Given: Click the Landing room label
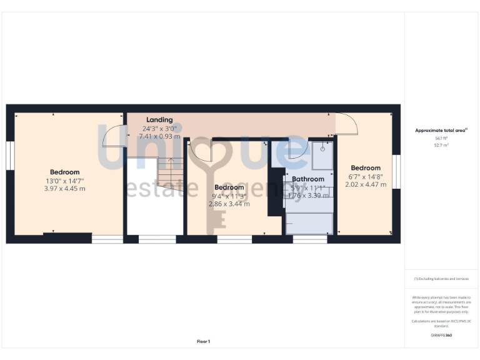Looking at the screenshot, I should [159, 119].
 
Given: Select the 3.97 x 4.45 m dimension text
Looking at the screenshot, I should [65, 188].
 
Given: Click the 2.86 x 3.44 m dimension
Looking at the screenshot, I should [229, 204].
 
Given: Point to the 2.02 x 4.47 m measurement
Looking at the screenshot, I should [366, 184].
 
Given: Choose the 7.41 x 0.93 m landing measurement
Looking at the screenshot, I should [159, 136].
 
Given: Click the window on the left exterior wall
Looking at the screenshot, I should [10, 155].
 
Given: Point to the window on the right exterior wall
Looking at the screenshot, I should [396, 171].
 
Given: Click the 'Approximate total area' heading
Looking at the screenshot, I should [441, 131].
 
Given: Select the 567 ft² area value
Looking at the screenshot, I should [441, 138].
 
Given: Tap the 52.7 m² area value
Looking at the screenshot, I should [441, 144].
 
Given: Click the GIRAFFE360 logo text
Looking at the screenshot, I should [441, 336].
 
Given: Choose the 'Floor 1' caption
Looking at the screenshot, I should [203, 341].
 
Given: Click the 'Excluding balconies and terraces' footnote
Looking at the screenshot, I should [441, 279].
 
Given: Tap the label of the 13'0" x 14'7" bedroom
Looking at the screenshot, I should [65, 172].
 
